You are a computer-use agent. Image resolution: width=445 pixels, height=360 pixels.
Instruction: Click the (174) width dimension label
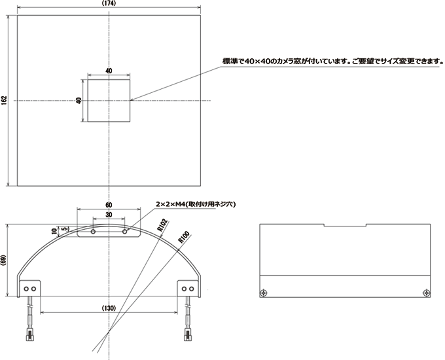point(109,3)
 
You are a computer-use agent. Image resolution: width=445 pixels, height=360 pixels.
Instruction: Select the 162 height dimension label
point(4,101)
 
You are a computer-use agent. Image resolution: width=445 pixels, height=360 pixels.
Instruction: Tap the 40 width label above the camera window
point(109,71)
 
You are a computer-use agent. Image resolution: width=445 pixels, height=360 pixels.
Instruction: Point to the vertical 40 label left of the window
point(79,101)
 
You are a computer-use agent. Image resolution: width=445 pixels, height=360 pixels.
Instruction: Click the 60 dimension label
point(109,205)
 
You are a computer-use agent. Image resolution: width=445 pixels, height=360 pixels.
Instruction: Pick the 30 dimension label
point(109,215)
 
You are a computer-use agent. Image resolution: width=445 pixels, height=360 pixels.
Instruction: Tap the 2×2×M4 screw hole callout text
point(196,204)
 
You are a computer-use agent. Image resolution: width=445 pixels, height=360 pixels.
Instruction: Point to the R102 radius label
point(162,225)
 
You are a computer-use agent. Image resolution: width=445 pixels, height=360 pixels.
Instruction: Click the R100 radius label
point(184,238)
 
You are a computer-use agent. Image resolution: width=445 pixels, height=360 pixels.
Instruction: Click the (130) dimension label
point(109,308)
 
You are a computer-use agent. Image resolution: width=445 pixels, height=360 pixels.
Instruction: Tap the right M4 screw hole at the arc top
point(124,232)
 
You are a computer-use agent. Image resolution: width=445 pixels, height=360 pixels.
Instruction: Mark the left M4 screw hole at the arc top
point(93,232)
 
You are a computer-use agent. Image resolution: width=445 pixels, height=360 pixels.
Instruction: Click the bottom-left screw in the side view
point(264,293)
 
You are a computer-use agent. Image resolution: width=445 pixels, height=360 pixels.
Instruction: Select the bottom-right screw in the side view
point(426,293)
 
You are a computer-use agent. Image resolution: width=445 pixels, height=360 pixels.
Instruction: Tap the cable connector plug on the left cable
point(30,334)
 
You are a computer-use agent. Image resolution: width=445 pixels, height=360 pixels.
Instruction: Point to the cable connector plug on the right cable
point(188,334)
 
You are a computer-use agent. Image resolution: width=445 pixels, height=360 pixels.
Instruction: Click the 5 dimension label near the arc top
point(64,228)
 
